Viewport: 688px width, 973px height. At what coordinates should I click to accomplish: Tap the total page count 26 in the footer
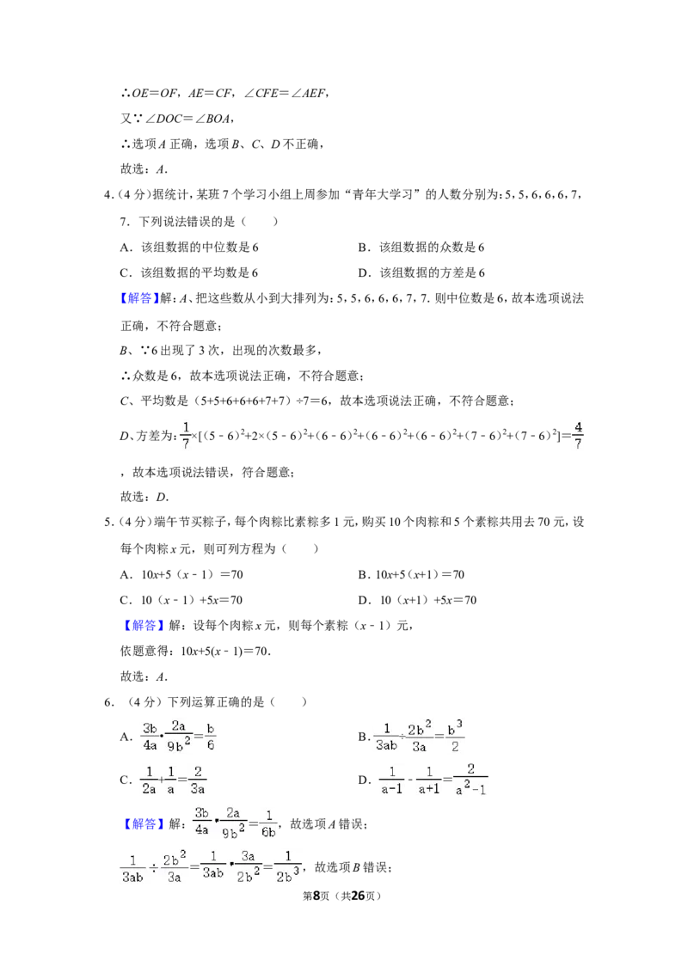[358, 896]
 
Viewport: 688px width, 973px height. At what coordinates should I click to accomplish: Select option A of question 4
[189, 247]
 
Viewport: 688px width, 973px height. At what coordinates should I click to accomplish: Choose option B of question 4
[421, 247]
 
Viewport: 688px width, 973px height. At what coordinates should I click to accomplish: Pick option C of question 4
[188, 272]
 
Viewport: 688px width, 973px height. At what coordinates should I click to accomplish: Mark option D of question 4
[421, 272]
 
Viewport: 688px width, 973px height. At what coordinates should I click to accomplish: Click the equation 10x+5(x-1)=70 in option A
[193, 575]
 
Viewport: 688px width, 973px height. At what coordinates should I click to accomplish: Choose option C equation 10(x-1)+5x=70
[192, 600]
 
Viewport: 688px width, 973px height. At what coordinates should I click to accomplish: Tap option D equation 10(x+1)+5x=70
[427, 600]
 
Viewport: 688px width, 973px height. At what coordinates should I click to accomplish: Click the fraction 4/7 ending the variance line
[577, 436]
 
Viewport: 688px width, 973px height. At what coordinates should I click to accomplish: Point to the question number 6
[109, 702]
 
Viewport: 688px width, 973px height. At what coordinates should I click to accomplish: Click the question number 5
[109, 523]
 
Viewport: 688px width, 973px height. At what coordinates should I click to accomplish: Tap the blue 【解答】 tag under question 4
[137, 298]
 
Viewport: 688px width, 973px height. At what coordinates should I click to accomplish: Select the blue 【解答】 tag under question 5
[142, 626]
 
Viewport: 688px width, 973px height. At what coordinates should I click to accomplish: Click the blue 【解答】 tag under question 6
[142, 824]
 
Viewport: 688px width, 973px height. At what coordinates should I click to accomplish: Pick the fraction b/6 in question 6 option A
[211, 737]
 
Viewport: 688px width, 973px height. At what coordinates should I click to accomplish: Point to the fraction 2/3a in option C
[198, 780]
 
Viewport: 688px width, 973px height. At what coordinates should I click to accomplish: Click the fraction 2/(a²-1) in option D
[470, 780]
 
